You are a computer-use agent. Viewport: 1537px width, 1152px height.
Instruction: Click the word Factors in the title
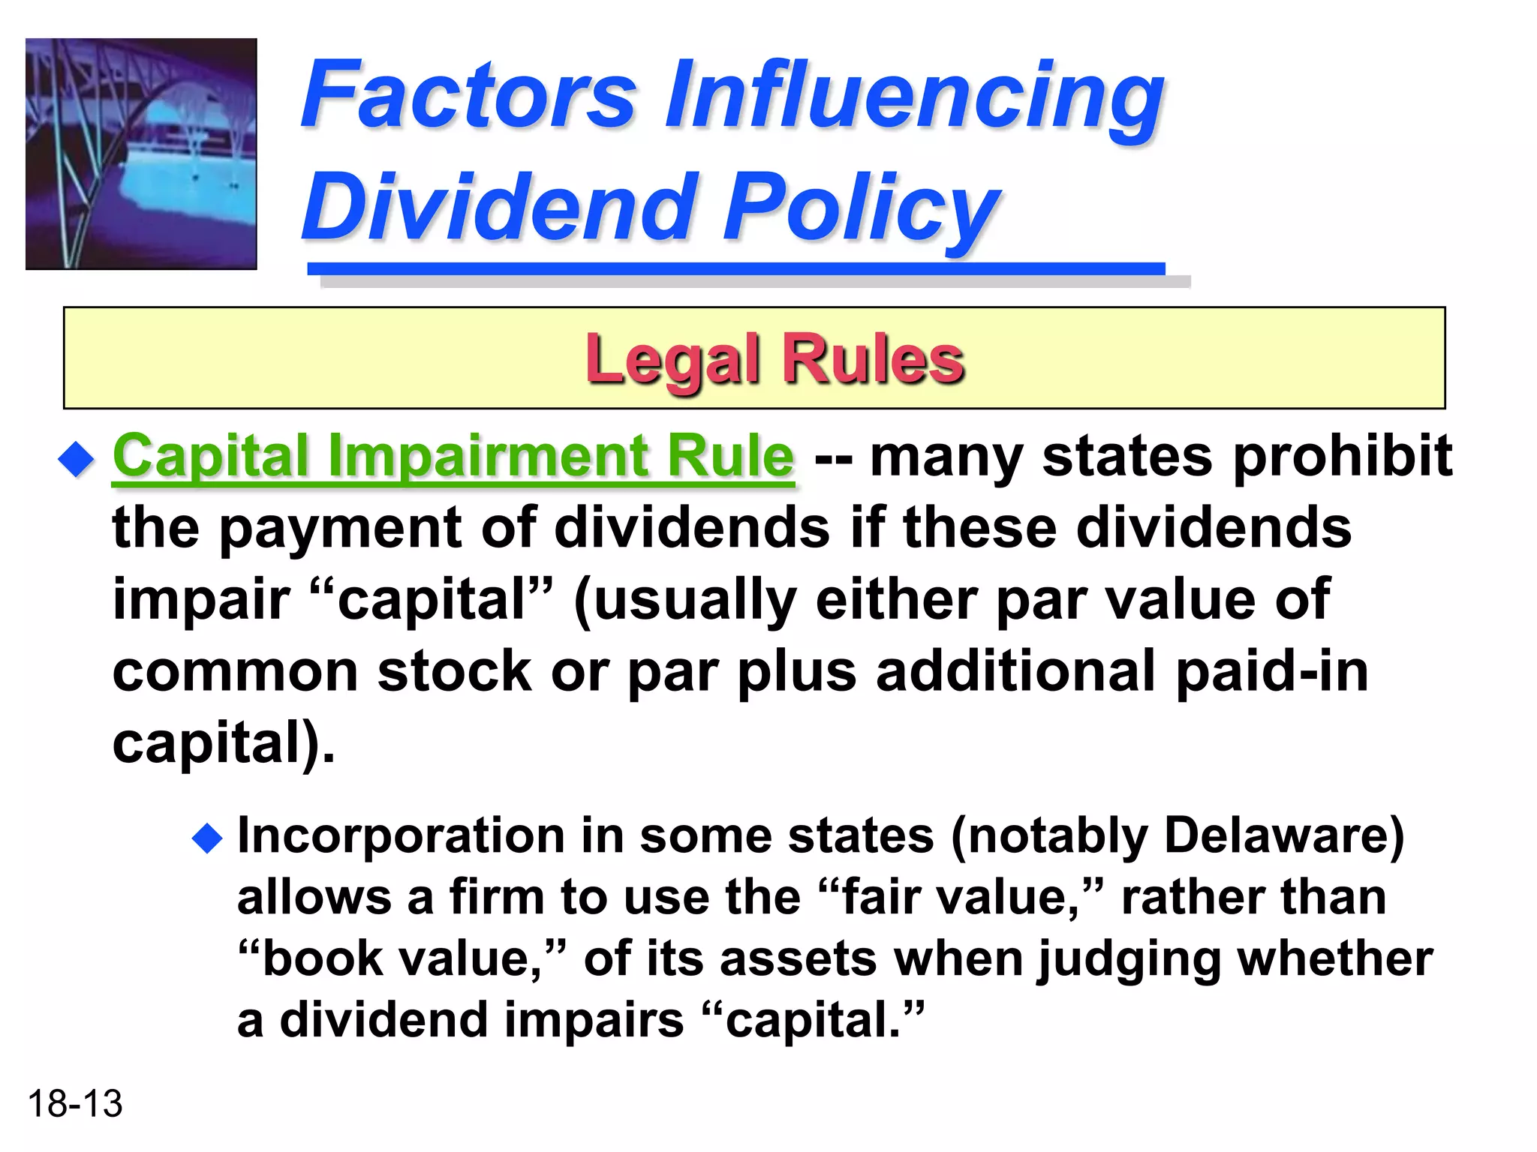point(468,96)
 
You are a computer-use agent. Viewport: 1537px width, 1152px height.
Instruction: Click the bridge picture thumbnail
point(141,154)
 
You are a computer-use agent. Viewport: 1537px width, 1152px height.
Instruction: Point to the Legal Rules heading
point(775,360)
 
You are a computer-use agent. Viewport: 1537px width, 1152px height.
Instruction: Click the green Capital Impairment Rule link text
point(453,455)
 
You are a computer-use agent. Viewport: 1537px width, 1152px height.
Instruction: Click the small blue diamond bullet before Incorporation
point(208,838)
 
